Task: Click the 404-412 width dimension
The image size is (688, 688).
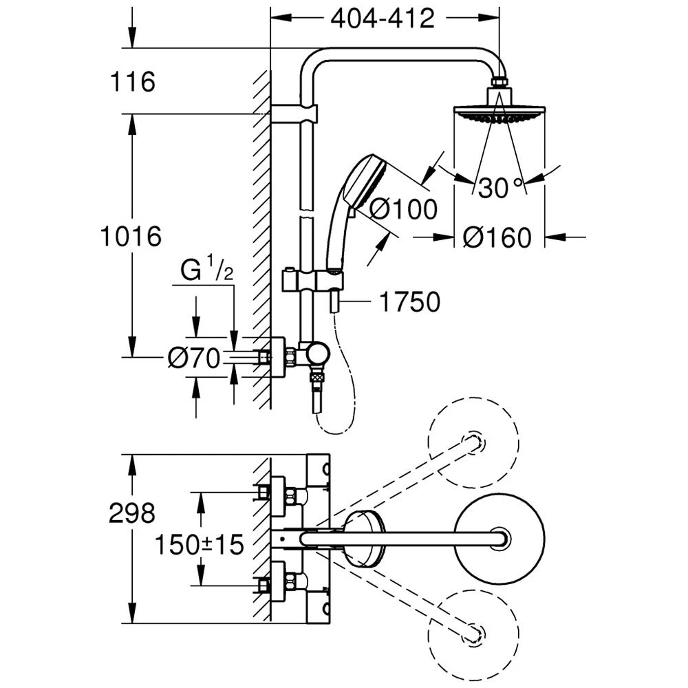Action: tap(383, 19)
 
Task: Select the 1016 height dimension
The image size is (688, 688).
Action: tap(131, 237)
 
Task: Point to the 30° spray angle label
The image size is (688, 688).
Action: tap(501, 188)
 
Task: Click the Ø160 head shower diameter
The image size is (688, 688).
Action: tap(497, 237)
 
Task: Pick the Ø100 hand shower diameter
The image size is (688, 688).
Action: tap(403, 208)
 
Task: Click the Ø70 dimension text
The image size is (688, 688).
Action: tap(193, 357)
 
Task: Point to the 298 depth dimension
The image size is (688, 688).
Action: tap(132, 513)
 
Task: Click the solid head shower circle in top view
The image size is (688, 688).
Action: tap(500, 537)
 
